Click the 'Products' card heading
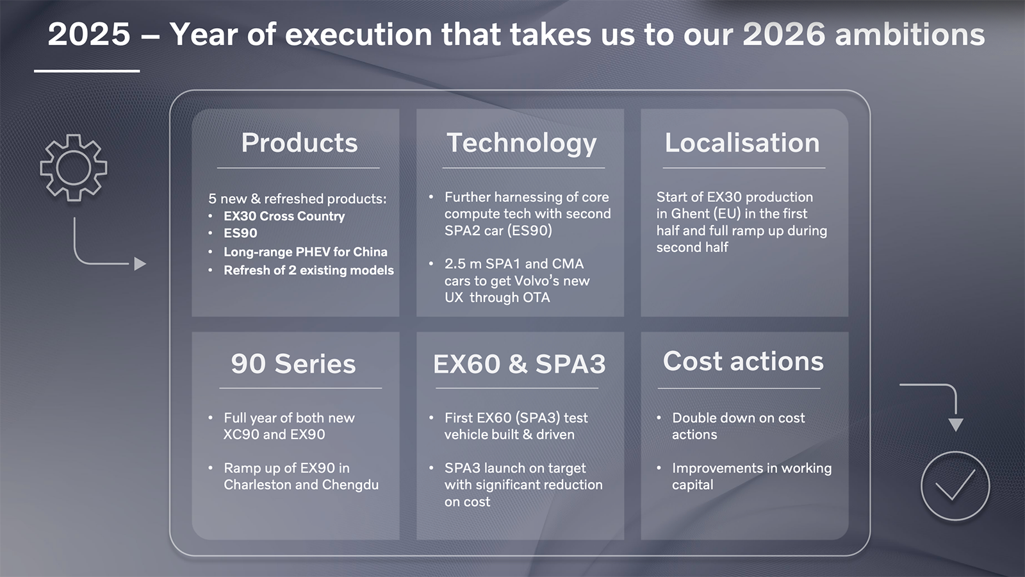click(299, 142)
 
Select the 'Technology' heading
click(521, 144)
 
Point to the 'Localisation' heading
click(742, 142)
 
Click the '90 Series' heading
click(293, 364)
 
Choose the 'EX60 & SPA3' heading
click(520, 364)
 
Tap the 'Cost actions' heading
click(743, 362)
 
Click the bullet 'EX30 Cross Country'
click(284, 216)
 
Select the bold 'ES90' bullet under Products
click(240, 233)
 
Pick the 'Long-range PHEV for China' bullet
click(305, 252)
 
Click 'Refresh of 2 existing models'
click(308, 270)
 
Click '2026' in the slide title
click(783, 35)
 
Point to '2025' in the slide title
click(89, 35)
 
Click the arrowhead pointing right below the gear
click(140, 263)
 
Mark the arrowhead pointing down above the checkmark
click(955, 424)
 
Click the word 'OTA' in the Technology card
click(536, 297)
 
